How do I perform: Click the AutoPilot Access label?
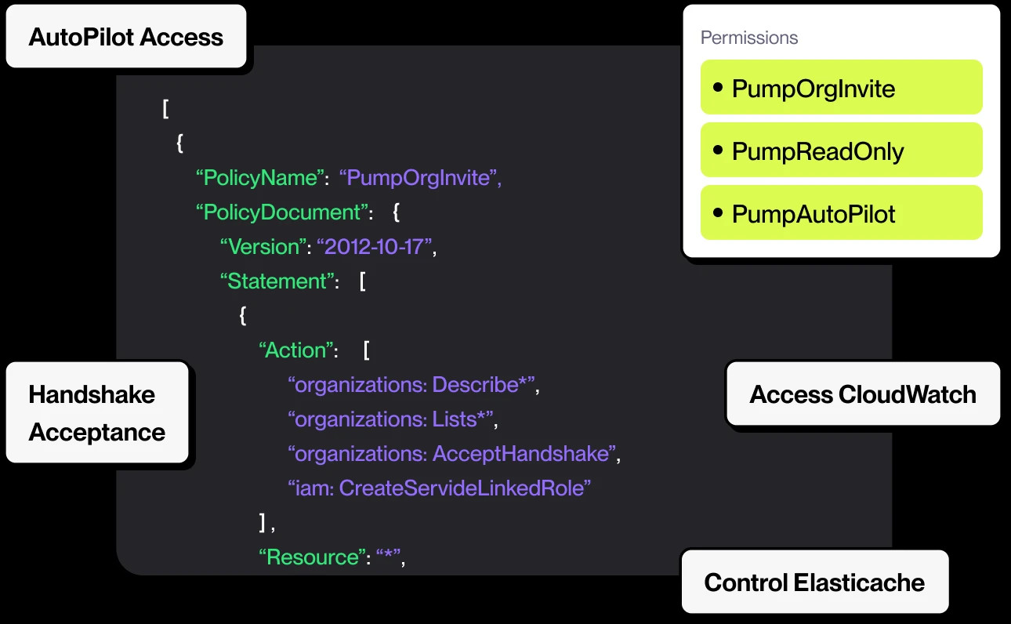pos(126,37)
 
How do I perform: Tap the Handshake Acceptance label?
pos(97,412)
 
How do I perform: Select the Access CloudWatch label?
pos(863,394)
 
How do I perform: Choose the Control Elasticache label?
pos(814,582)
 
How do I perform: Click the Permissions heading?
pos(749,38)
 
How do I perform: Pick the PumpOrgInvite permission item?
pos(841,87)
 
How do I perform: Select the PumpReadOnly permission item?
pos(841,150)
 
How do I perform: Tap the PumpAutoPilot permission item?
pos(841,212)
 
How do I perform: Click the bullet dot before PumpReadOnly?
pos(718,150)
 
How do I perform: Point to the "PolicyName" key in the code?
pos(260,178)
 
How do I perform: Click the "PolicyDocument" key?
pos(282,212)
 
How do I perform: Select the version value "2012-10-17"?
pos(374,247)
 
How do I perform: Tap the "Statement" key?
pos(277,281)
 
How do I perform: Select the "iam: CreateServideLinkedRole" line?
pos(440,488)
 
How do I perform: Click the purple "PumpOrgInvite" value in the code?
pos(418,178)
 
